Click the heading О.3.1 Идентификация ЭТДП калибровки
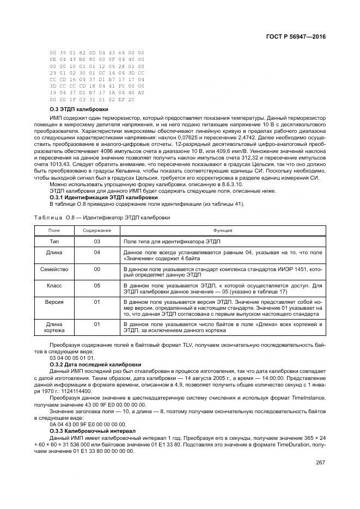96,198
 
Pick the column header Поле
54,230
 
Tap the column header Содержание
97,230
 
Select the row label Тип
54,241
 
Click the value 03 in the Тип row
97,241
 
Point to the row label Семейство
54,269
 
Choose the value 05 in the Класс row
97,285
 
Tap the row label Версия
54,301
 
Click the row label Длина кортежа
54,327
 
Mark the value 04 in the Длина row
97,253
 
